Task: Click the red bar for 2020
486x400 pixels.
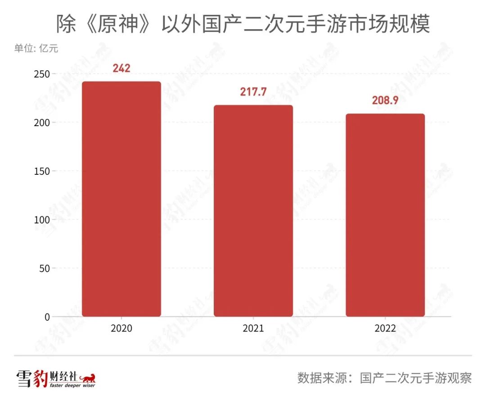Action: [121, 199]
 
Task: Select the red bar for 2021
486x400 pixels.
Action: [253, 210]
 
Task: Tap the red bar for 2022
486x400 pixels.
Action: [385, 215]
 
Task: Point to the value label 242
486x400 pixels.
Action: [121, 68]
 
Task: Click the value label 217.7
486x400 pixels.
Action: [253, 92]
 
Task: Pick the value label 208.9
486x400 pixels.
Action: [385, 100]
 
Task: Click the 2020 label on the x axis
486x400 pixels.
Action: [121, 328]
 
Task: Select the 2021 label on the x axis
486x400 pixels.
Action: [253, 328]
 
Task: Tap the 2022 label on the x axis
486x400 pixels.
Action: [385, 328]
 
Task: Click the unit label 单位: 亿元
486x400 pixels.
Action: [36, 48]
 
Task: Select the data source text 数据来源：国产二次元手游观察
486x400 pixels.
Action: [384, 377]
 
